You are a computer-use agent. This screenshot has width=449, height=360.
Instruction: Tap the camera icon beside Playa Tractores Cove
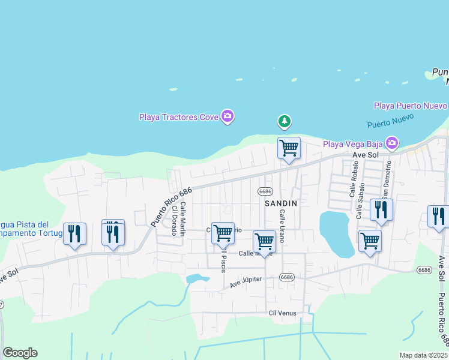227,116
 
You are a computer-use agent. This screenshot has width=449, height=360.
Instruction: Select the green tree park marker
285,122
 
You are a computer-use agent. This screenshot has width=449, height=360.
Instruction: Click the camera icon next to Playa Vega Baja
391,143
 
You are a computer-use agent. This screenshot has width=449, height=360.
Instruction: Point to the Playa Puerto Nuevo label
411,106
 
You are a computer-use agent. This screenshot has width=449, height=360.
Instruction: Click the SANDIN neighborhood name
281,203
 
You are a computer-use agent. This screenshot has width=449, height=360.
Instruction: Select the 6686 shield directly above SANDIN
265,191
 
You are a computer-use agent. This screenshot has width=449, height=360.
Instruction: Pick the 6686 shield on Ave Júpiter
287,277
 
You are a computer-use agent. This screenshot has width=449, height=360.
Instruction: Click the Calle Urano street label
281,222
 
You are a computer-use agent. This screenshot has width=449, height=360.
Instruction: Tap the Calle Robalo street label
353,181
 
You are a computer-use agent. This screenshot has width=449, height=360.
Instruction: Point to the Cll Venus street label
282,313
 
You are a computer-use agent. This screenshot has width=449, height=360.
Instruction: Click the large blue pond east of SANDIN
334,232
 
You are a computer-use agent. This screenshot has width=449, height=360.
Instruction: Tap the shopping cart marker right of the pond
370,241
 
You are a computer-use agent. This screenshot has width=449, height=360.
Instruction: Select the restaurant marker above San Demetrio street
381,209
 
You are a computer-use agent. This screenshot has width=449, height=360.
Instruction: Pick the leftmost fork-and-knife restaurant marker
74,233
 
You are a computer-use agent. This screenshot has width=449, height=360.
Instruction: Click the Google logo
20,353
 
